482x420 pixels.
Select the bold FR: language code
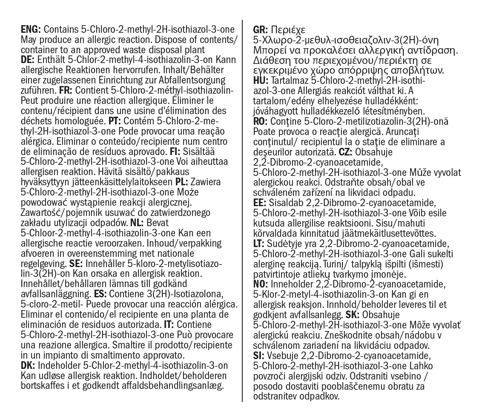68,91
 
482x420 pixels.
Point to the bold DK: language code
28,365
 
